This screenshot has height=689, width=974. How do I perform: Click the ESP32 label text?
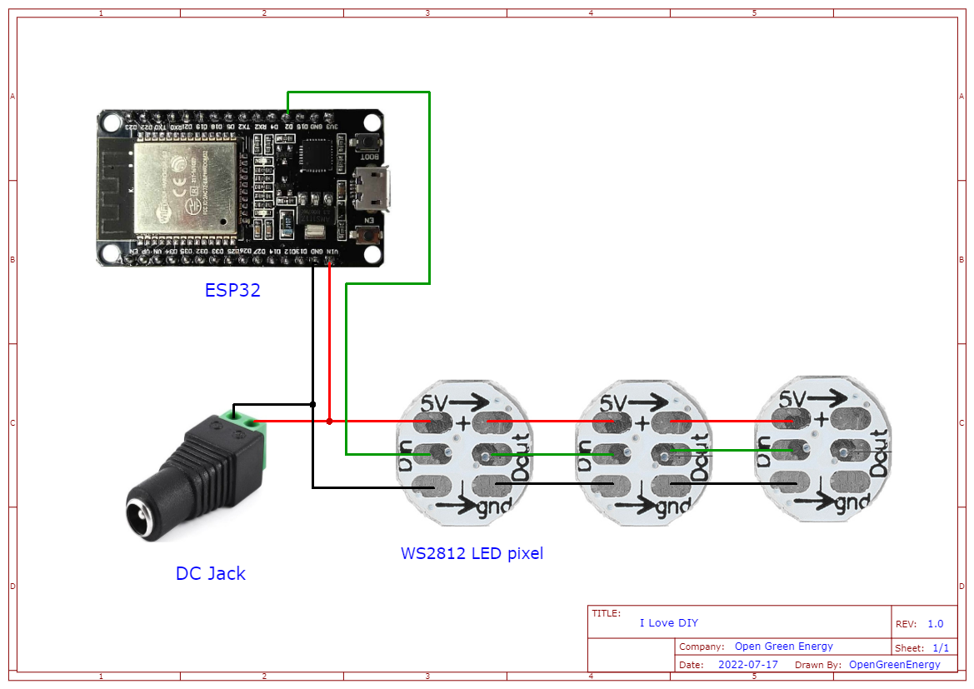[x=232, y=291]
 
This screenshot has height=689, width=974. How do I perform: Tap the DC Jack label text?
[x=210, y=573]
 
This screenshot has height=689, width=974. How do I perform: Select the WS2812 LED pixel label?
[x=472, y=553]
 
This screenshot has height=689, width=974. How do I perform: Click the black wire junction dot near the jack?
[x=312, y=405]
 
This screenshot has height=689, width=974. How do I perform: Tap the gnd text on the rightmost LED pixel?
[x=852, y=503]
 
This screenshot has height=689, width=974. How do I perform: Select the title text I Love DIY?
[x=668, y=623]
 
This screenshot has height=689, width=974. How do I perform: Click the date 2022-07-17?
[x=747, y=665]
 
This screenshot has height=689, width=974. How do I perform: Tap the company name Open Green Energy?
[x=783, y=647]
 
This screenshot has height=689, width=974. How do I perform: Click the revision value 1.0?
[x=935, y=624]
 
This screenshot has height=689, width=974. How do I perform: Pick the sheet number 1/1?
[x=940, y=648]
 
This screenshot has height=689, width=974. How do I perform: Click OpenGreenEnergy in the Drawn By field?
[x=894, y=665]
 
